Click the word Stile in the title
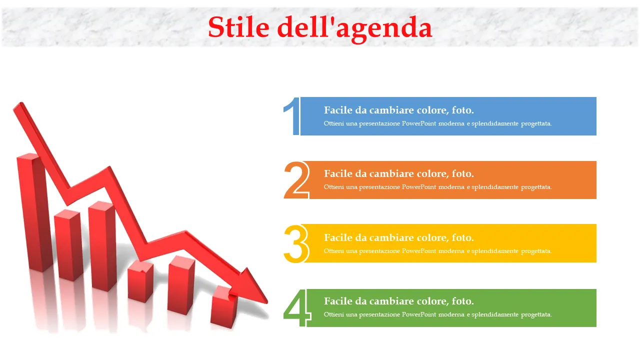coord(238,27)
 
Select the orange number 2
coord(296,180)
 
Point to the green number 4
coord(297,307)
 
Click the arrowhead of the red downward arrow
coord(253,287)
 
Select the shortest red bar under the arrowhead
coord(224,307)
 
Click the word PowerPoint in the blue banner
coord(419,123)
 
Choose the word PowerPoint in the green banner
coord(419,314)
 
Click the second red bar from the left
coord(68,245)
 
